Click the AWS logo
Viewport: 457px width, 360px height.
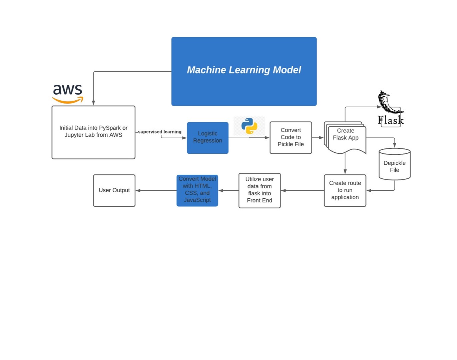coord(68,94)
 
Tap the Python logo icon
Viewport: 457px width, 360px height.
coord(249,126)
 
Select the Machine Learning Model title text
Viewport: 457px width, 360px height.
coord(244,70)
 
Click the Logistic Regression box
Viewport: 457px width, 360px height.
coord(207,138)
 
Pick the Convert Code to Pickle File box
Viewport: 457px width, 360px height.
coord(291,138)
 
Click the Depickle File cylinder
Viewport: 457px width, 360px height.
coord(395,165)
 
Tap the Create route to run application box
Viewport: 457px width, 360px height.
coord(345,190)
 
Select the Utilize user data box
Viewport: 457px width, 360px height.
coord(260,190)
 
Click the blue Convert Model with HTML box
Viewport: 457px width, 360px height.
coord(197,190)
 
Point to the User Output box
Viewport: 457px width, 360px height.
coord(114,190)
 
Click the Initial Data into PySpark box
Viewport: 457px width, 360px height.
coord(93,132)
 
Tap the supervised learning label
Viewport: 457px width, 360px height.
coord(160,132)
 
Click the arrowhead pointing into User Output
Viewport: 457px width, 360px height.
coord(138,191)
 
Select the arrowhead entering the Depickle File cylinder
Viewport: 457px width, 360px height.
coord(395,145)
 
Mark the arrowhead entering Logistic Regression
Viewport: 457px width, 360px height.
coord(184,138)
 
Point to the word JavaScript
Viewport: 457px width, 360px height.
coord(197,200)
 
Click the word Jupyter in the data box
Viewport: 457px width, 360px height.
coord(75,135)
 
